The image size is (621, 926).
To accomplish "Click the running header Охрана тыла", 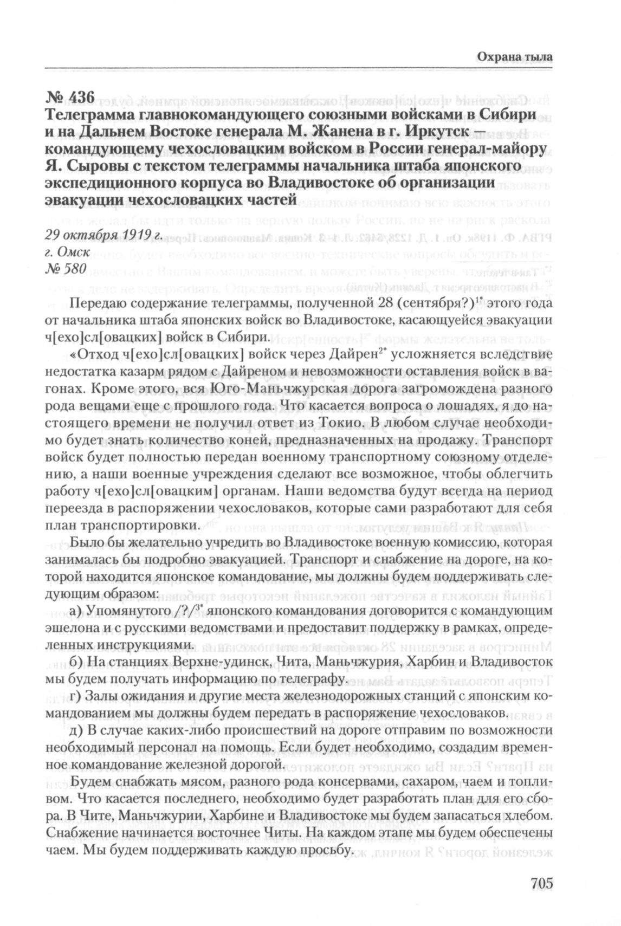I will pos(515,56).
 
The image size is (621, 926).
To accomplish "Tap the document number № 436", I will pos(71,98).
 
